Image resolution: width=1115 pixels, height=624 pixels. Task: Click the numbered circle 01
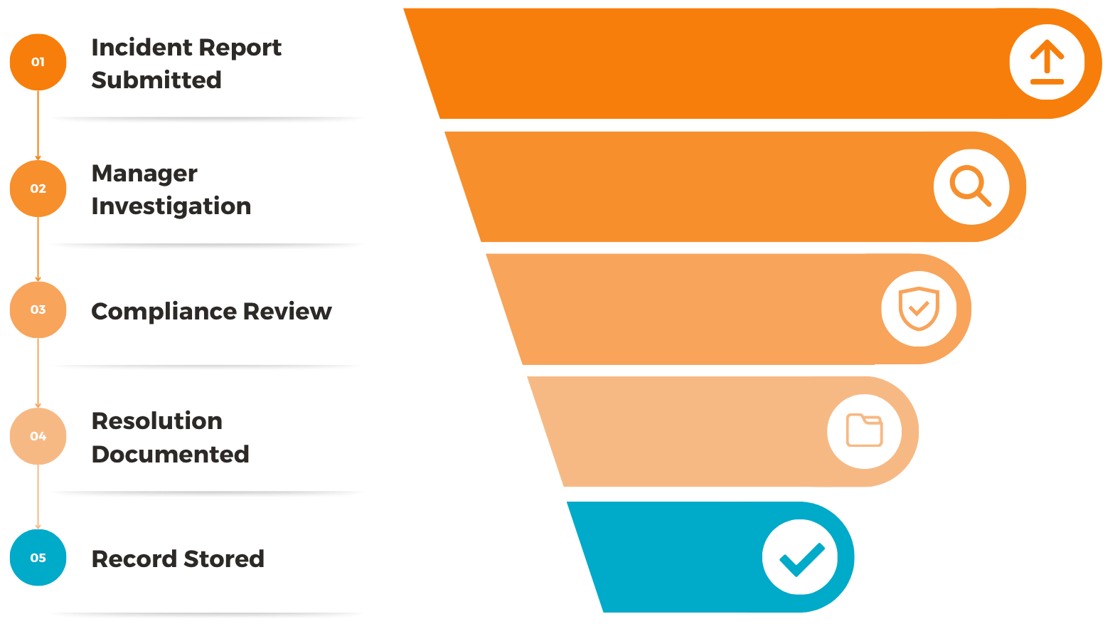[38, 62]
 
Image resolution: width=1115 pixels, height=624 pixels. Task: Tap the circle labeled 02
[38, 189]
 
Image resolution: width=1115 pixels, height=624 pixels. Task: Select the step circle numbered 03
[38, 310]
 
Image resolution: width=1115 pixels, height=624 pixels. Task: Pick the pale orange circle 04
[38, 436]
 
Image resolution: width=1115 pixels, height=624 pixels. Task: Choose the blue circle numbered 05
[38, 558]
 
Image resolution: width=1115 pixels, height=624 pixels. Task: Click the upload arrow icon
[1047, 62]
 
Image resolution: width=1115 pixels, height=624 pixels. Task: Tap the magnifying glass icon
[971, 186]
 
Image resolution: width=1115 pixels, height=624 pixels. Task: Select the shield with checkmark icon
[919, 309]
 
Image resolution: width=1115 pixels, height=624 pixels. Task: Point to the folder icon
[865, 430]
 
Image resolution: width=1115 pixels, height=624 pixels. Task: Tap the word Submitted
[156, 80]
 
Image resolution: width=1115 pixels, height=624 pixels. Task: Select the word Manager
[144, 174]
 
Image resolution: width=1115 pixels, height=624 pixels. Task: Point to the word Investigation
[171, 206]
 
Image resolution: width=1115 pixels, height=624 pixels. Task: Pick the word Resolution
[156, 421]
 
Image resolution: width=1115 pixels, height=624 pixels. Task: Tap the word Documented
[170, 455]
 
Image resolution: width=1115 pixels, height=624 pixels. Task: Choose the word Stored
[223, 559]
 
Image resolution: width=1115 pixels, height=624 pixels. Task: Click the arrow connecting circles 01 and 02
[38, 125]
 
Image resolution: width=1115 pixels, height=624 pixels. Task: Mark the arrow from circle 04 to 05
[38, 497]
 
